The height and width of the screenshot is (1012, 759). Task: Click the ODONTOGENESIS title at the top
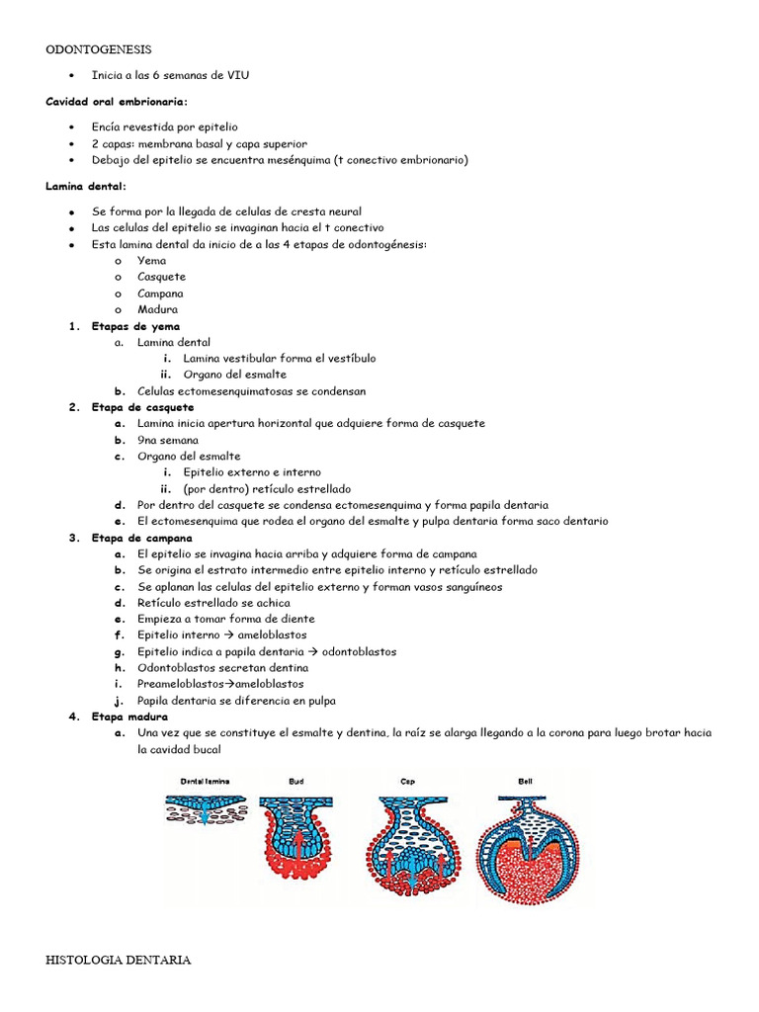tap(100, 49)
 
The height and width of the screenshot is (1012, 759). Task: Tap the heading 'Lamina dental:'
tap(86, 187)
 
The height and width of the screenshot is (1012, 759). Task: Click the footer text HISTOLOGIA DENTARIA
tap(119, 960)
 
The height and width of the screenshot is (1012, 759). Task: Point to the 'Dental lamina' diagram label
tap(205, 781)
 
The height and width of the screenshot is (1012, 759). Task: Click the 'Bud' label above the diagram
tap(296, 781)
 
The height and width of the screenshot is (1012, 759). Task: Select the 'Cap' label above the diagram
tap(407, 781)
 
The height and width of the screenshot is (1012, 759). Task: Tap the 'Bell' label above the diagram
tap(525, 781)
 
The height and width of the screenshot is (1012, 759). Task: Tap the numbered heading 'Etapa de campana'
tap(142, 538)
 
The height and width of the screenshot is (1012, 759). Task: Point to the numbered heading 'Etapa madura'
tap(129, 717)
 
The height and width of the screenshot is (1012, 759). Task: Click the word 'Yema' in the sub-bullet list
tap(152, 261)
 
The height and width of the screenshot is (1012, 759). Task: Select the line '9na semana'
tap(168, 440)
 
